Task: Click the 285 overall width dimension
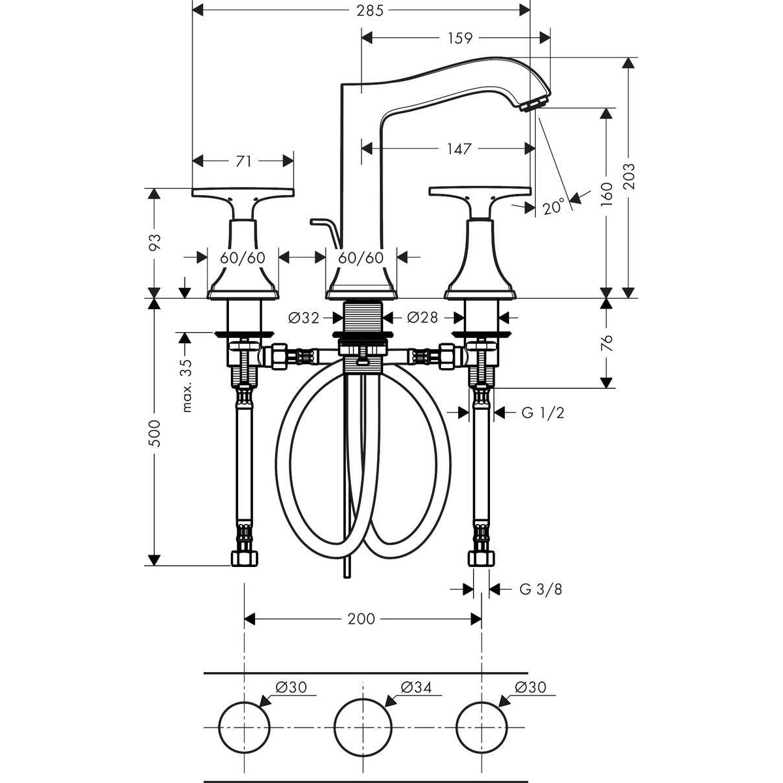pos(361,10)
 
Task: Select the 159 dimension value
pos(459,38)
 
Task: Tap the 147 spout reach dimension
pos(459,149)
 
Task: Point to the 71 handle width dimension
pos(243,161)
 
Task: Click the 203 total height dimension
pos(628,176)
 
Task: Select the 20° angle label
pos(553,207)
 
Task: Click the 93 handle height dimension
pos(154,243)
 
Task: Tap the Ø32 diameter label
pos(303,318)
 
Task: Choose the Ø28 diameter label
pos(423,318)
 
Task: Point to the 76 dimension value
pos(607,343)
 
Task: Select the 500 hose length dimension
pos(154,432)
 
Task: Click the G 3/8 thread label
pos(540,589)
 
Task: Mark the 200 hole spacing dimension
pos(361,619)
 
